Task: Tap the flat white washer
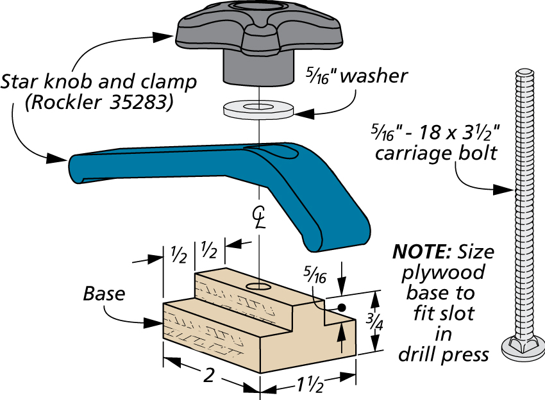point(258,108)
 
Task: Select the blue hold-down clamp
point(222,188)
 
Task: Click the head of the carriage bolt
point(523,349)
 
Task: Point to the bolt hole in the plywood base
point(258,287)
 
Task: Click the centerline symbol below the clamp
point(259,217)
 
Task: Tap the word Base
point(104,294)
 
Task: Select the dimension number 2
point(208,375)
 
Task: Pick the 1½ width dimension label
point(310,385)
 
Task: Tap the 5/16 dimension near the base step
point(315,274)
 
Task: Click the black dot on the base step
point(342,308)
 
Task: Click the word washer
point(374,76)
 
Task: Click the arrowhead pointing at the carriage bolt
point(503,190)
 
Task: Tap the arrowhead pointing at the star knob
point(163,37)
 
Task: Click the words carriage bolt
point(436,154)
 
